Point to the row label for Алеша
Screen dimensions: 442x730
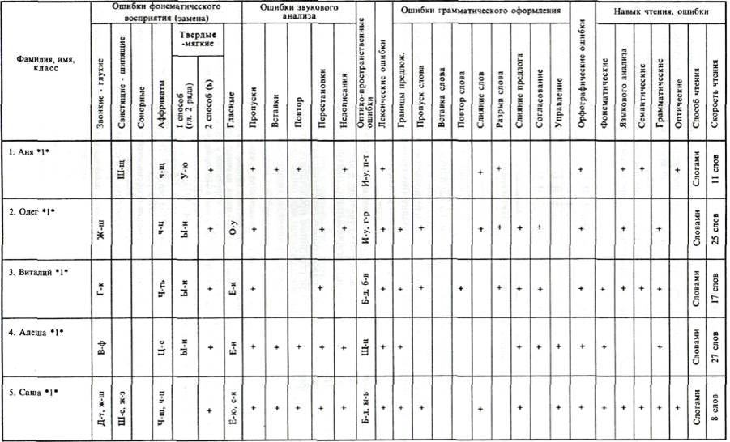tap(33, 331)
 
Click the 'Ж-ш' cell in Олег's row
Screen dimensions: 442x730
tap(100, 236)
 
